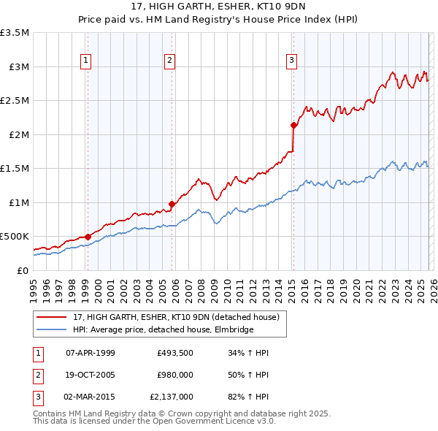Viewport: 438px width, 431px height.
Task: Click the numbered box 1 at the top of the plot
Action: pos(86,61)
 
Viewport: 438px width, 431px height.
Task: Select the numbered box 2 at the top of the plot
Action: pos(169,61)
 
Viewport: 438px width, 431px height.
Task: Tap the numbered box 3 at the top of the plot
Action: pos(291,61)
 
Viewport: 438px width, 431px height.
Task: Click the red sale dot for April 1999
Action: pos(88,237)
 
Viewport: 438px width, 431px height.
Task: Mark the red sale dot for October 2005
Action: pos(172,204)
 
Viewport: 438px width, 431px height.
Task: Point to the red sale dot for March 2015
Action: pos(293,125)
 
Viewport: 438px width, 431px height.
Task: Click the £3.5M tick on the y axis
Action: pos(15,33)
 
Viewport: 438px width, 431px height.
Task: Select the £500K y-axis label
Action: pos(15,237)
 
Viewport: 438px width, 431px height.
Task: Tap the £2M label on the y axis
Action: pos(18,134)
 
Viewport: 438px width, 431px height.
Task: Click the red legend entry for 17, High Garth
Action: pos(176,317)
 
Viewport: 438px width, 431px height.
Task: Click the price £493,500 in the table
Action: pos(174,353)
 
